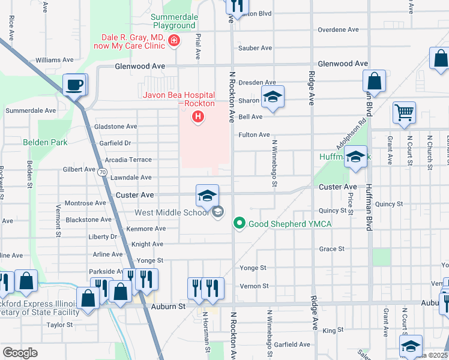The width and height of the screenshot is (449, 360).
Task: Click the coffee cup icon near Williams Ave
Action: (x=74, y=85)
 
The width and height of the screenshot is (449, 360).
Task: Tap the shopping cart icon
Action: (x=404, y=112)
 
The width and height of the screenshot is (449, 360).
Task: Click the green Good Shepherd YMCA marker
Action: (x=240, y=224)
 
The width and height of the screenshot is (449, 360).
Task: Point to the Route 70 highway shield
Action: (x=103, y=172)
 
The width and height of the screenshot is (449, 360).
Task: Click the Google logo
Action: (x=20, y=352)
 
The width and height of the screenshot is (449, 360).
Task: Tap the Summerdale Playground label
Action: (x=173, y=21)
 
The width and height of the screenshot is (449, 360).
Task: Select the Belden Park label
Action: (x=45, y=142)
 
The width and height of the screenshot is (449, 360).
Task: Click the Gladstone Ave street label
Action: (x=116, y=127)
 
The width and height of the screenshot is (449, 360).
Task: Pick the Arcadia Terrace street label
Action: (x=128, y=160)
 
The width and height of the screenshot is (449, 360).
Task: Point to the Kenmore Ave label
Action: (x=146, y=229)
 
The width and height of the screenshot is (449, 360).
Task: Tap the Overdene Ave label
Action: (x=338, y=29)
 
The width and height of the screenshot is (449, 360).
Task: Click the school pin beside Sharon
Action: (x=273, y=97)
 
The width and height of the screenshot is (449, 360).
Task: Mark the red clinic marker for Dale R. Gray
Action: (x=174, y=41)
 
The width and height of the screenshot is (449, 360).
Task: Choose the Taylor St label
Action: (x=59, y=325)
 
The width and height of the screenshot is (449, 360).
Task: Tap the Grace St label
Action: (x=332, y=248)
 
